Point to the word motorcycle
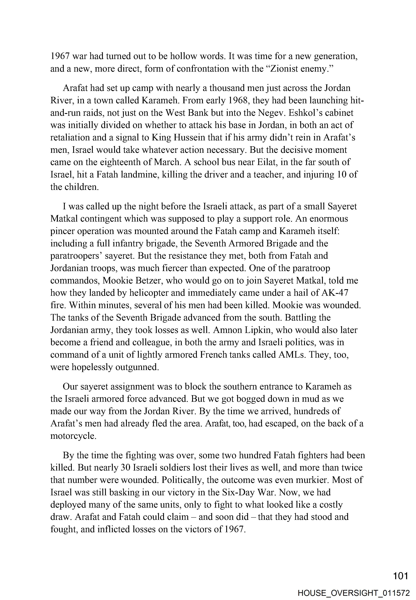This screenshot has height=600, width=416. [x=73, y=436]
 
